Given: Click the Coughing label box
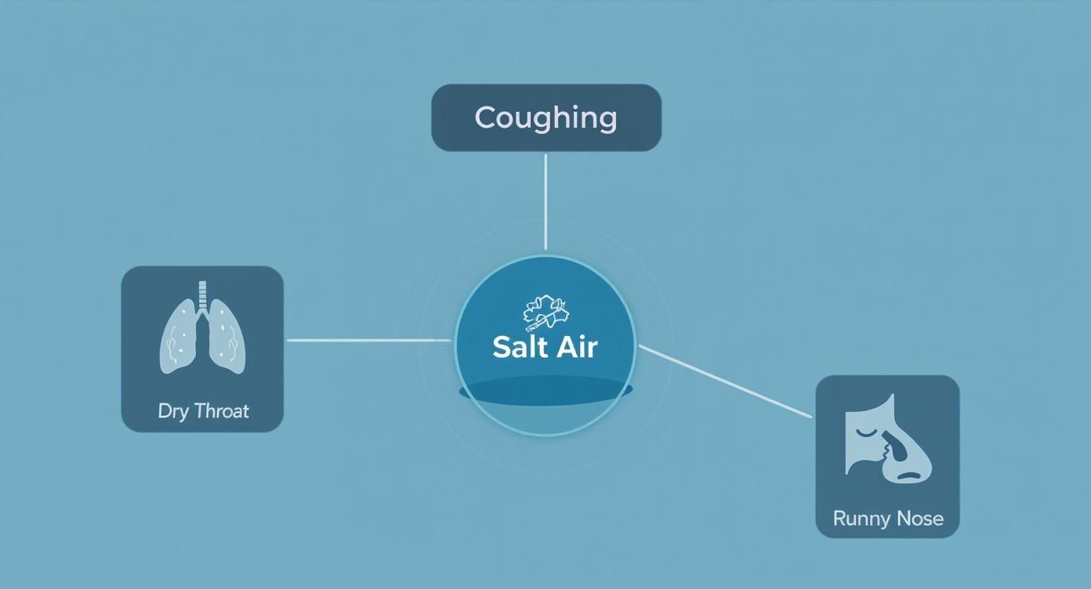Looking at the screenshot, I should [546, 117].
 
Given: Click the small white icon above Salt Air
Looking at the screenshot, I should [545, 313].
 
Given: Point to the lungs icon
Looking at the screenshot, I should [203, 329].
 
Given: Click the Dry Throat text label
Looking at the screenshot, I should [203, 411].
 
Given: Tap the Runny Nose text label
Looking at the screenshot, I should [887, 519].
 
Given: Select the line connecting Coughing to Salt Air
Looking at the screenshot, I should [545, 201].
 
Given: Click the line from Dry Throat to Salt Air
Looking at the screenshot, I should [368, 341].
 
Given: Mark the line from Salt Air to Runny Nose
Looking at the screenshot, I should [725, 381].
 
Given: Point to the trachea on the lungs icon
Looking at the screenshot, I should [204, 296].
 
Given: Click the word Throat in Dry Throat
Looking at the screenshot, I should [220, 411].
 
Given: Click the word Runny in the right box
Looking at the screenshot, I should [859, 519].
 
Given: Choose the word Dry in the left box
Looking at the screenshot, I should [172, 411].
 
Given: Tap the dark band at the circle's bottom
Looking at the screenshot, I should [545, 392].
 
